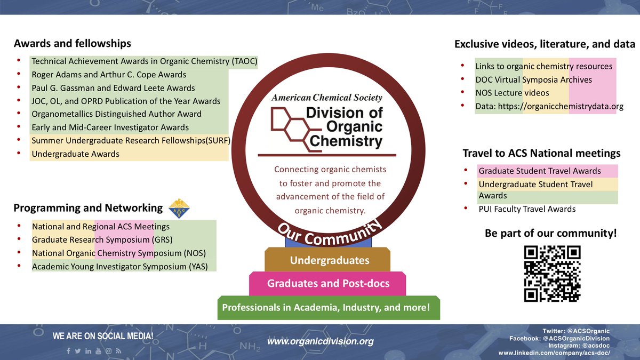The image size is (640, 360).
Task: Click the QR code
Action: click(x=551, y=274)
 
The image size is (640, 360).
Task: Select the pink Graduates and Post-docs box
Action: click(x=327, y=284)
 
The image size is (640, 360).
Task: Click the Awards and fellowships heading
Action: click(x=73, y=43)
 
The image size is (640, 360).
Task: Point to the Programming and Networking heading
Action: click(x=88, y=208)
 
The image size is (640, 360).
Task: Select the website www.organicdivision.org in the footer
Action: click(x=320, y=341)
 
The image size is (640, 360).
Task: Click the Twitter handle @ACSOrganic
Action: click(x=575, y=331)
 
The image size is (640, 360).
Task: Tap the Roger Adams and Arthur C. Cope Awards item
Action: click(x=109, y=75)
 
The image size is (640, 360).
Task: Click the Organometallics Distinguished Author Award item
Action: click(x=116, y=114)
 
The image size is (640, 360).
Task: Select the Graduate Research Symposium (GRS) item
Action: click(x=102, y=239)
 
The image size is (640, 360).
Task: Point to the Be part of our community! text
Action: click(x=551, y=233)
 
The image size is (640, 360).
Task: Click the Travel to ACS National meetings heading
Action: click(x=541, y=154)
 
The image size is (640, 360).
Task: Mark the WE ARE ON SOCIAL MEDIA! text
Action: click(x=103, y=337)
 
